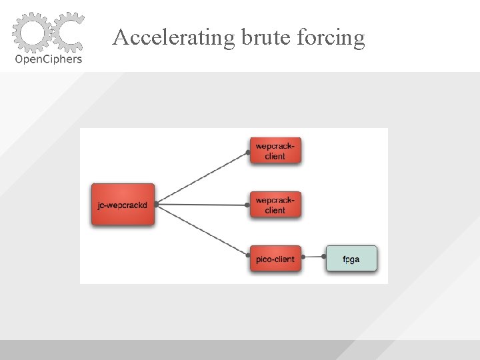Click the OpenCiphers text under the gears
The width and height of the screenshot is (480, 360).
pyautogui.click(x=49, y=59)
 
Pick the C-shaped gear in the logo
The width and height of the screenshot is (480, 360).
pyautogui.click(x=67, y=30)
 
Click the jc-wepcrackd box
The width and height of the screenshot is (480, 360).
pyautogui.click(x=123, y=205)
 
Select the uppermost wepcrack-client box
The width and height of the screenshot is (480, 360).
pyautogui.click(x=275, y=151)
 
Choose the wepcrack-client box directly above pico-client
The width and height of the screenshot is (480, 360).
pyautogui.click(x=275, y=205)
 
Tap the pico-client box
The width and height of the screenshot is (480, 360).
pyautogui.click(x=275, y=259)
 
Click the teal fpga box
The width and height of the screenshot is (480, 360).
pyautogui.click(x=351, y=259)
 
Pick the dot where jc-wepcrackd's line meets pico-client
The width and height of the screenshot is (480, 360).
pyautogui.click(x=247, y=254)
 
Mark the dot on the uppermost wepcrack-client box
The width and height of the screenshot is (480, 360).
pyautogui.click(x=248, y=153)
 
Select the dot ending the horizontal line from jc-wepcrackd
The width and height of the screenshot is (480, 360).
pyautogui.click(x=247, y=205)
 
